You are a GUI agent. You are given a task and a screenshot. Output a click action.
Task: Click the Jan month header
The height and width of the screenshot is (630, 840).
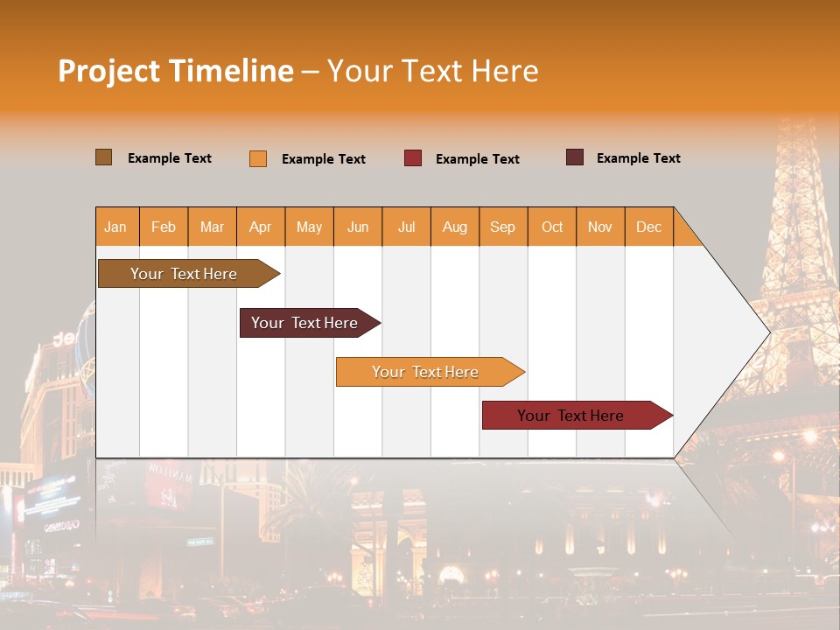pyautogui.click(x=115, y=227)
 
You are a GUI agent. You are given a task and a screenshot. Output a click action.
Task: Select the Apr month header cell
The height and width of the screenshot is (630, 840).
pyautogui.click(x=261, y=227)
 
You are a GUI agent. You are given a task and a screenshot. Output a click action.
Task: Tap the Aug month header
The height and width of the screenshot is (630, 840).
pyautogui.click(x=454, y=227)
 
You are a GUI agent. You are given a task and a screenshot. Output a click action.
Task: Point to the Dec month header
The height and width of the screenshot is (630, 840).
pyautogui.click(x=648, y=227)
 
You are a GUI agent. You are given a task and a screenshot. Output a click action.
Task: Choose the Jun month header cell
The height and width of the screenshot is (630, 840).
pyautogui.click(x=358, y=227)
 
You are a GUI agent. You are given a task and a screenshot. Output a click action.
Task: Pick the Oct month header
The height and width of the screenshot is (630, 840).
pyautogui.click(x=552, y=227)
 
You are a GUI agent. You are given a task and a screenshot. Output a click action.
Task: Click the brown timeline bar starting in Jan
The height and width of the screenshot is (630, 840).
pyautogui.click(x=184, y=274)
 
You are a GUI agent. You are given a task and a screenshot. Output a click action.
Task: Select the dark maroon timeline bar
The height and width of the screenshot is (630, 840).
pyautogui.click(x=304, y=323)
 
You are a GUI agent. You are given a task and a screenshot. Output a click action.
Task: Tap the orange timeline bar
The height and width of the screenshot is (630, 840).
pyautogui.click(x=425, y=372)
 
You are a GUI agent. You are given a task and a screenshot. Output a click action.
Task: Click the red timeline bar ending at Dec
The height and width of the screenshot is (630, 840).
pyautogui.click(x=570, y=416)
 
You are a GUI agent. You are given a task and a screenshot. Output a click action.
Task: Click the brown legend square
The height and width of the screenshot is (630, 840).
pyautogui.click(x=103, y=157)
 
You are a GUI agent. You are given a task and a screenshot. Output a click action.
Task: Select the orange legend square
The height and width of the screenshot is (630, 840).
pyautogui.click(x=258, y=158)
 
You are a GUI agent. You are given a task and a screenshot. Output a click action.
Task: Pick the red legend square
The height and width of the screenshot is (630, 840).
pyautogui.click(x=413, y=158)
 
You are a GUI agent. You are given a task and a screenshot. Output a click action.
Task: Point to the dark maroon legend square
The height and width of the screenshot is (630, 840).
pyautogui.click(x=575, y=157)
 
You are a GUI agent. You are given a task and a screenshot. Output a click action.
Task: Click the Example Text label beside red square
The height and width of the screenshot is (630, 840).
pyautogui.click(x=477, y=159)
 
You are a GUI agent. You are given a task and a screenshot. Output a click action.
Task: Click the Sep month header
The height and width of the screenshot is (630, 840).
pyautogui.click(x=502, y=227)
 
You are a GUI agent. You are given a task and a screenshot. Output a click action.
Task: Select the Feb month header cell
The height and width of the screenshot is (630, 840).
pyautogui.click(x=164, y=227)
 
